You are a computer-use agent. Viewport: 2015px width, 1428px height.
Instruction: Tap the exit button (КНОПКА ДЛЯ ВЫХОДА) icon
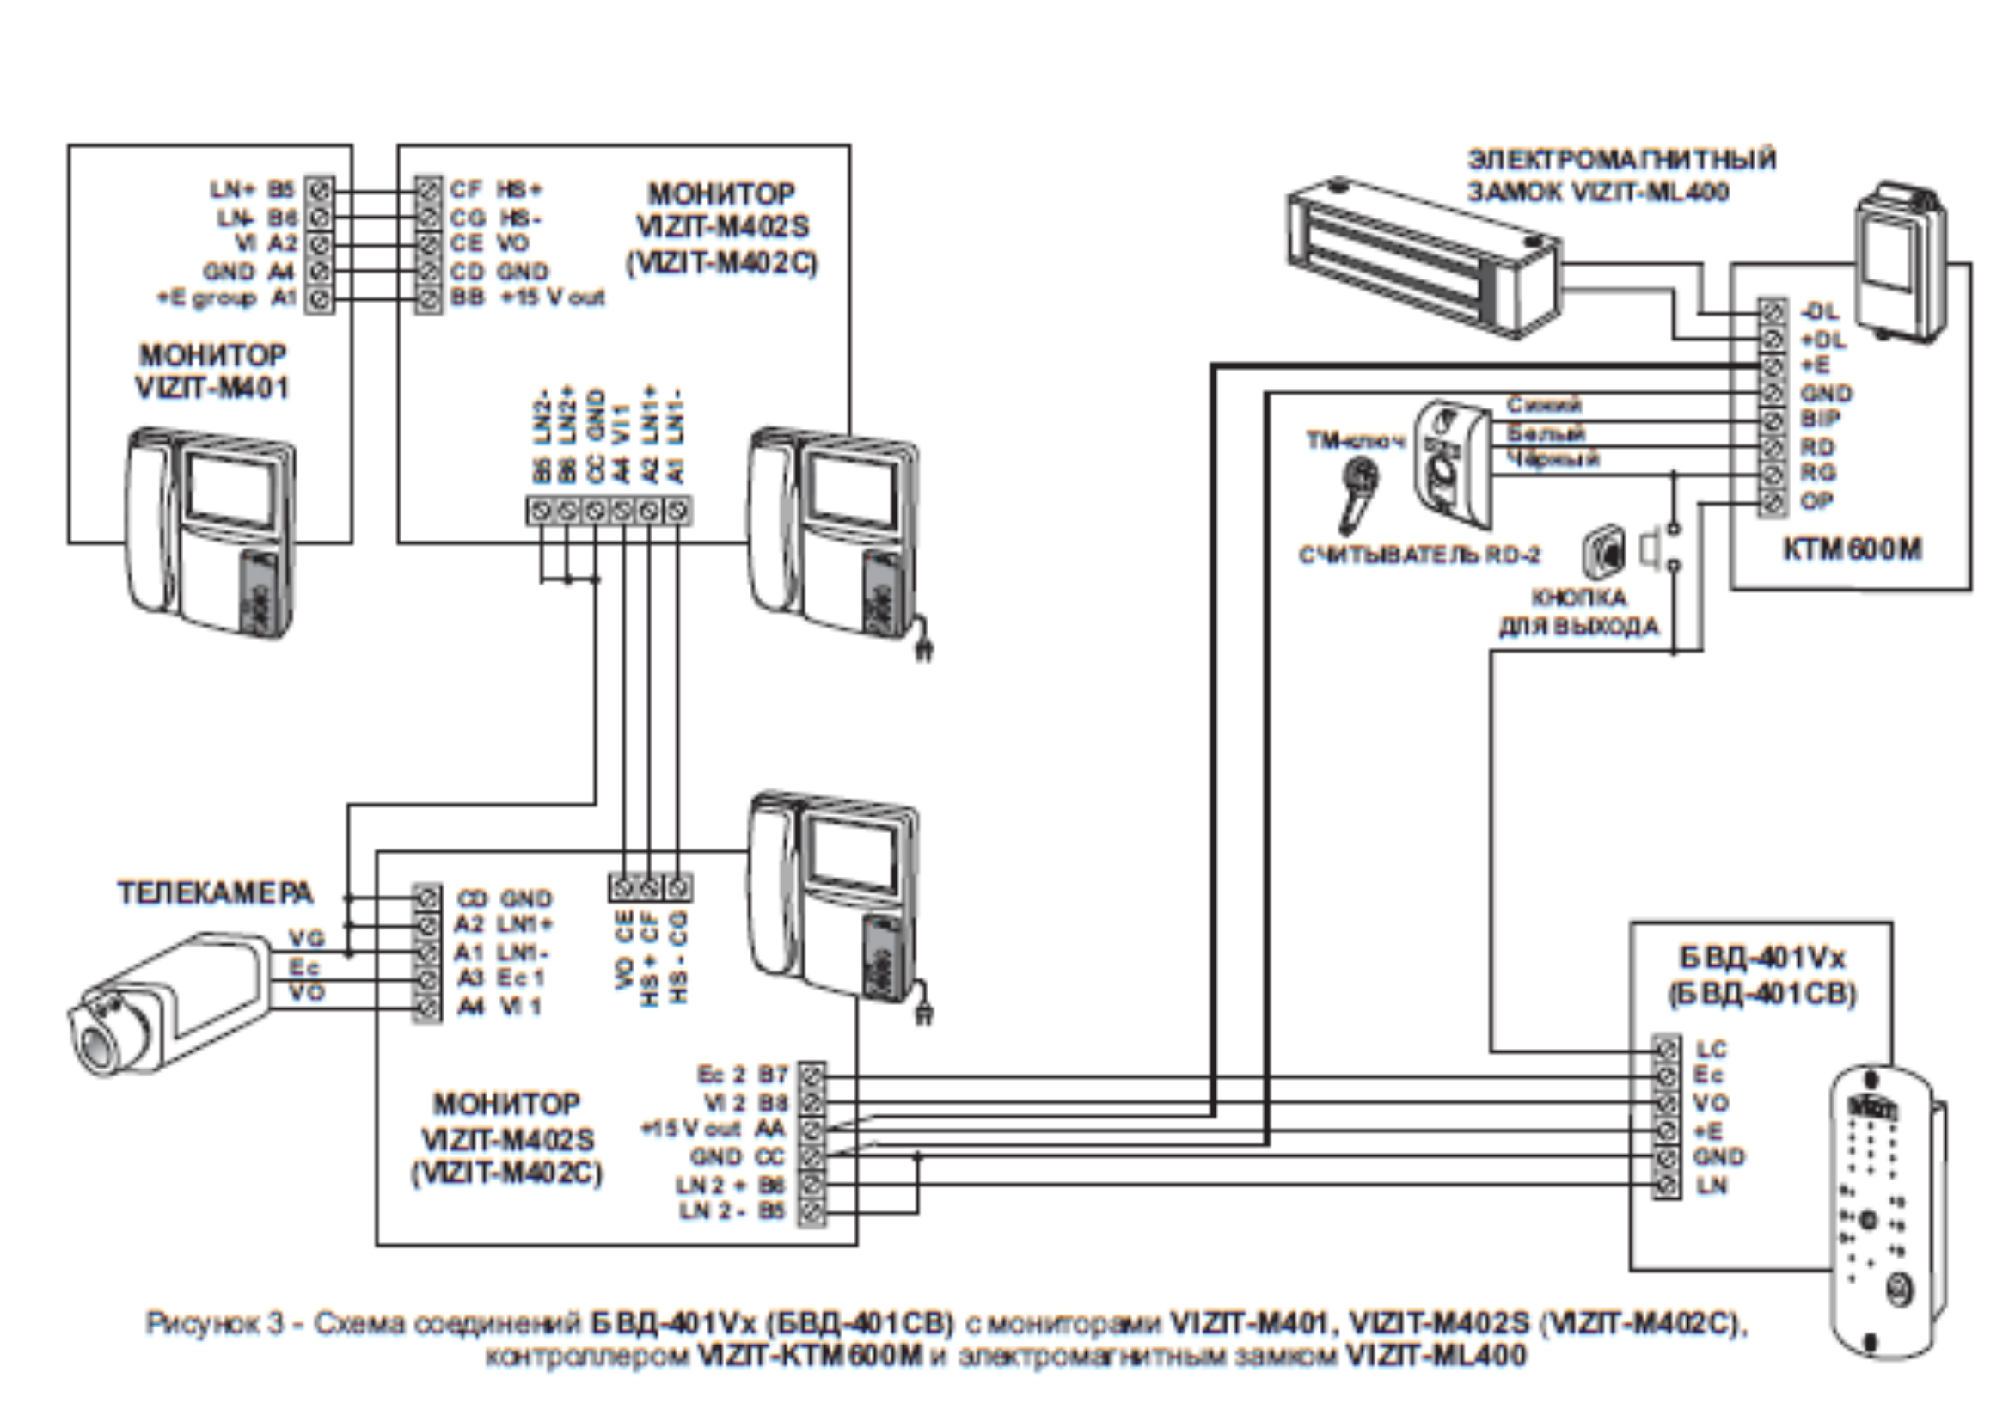pos(1605,551)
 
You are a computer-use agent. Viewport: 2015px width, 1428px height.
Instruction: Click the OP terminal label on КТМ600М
pos(1817,501)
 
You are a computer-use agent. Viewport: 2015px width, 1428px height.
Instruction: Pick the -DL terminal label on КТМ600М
pos(1819,311)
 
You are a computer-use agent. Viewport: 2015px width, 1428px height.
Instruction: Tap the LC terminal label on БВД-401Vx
pos(1711,1049)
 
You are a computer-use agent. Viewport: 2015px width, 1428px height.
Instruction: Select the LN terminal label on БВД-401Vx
pos(1711,1186)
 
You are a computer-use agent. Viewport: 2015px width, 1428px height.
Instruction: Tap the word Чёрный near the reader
pos(1553,458)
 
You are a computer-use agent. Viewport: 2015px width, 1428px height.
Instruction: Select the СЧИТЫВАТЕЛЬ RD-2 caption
pos(1419,555)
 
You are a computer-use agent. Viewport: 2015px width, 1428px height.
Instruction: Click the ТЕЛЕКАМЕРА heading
pos(216,893)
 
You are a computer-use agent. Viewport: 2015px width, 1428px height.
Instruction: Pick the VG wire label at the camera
pos(307,938)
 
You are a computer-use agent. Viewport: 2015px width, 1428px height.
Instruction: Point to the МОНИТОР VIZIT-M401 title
pos(211,371)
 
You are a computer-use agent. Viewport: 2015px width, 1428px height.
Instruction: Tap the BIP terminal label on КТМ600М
pos(1820,420)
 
